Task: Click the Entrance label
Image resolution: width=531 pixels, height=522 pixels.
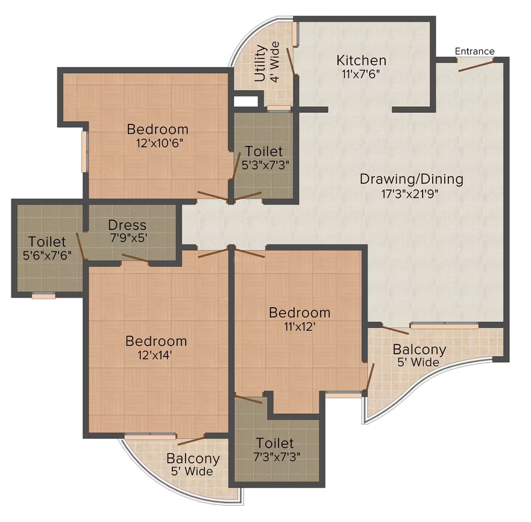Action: coord(474,51)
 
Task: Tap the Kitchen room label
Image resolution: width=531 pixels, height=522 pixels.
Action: coord(362,60)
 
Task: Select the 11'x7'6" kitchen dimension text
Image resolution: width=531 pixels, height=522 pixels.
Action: coord(361,74)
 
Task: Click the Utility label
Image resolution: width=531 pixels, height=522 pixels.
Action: coord(260,63)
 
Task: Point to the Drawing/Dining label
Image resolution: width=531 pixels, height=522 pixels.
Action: coord(412,179)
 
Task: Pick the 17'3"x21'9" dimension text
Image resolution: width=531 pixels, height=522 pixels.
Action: coord(410,194)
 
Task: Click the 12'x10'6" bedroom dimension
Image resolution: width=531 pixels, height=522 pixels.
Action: coord(160,143)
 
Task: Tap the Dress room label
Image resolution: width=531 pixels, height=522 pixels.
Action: coord(127,224)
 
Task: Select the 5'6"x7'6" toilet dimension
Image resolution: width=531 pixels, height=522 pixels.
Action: coord(48,255)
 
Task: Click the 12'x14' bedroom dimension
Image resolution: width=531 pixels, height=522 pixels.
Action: coord(155,355)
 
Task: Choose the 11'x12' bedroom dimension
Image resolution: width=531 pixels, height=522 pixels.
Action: coord(300,326)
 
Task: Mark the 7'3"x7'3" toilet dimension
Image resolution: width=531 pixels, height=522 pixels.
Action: coord(277,457)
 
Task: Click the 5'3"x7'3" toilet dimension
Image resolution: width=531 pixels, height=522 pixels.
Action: coord(265,165)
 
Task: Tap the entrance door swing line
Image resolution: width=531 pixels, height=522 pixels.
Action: coord(476,66)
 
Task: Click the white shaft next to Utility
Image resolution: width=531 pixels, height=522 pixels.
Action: coord(246,101)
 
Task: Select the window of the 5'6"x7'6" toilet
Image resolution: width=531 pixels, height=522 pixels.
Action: coord(43,296)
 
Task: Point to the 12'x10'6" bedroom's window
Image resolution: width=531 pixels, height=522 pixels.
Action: coord(84,151)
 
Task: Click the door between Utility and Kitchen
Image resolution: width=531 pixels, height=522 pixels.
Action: coord(291,61)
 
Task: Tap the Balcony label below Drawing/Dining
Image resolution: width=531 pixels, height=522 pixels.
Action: coord(419,349)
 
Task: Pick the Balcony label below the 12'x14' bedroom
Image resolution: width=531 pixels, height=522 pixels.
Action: coord(193,459)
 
